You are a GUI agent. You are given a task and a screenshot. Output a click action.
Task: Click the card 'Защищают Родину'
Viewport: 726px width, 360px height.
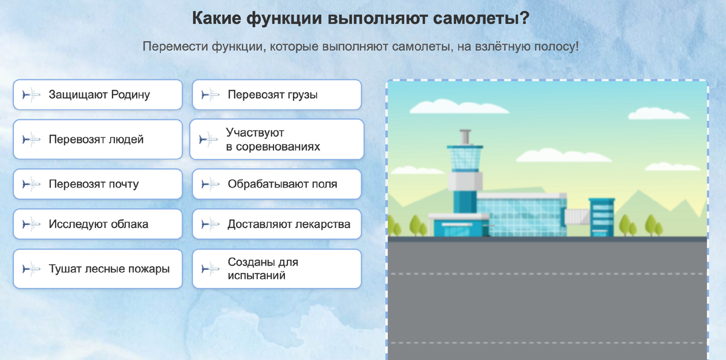click(97, 95)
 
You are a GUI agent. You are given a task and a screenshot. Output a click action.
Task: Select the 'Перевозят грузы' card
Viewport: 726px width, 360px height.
click(276, 95)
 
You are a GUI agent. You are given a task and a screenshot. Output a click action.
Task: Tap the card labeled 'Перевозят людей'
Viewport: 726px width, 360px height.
click(97, 140)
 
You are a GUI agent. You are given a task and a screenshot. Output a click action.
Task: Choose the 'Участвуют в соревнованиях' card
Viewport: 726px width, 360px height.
click(276, 140)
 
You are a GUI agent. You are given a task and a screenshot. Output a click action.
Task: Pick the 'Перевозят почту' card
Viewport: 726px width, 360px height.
click(97, 184)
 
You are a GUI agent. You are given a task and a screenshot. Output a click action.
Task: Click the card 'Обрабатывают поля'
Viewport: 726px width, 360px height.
click(276, 184)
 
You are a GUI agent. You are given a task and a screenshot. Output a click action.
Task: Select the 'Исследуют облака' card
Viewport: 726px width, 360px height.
click(97, 224)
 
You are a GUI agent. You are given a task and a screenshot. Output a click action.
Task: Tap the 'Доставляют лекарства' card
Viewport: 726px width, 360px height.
click(276, 224)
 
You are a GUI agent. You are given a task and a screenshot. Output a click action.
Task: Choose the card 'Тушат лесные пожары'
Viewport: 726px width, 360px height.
click(97, 269)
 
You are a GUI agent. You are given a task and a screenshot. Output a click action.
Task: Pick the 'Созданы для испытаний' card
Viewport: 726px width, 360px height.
click(276, 269)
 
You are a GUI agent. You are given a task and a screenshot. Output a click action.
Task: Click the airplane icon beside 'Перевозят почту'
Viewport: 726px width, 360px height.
click(30, 184)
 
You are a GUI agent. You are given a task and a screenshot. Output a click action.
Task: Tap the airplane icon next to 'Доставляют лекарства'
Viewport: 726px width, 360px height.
click(209, 224)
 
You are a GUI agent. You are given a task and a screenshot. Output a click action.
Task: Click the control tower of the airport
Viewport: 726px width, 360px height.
click(464, 175)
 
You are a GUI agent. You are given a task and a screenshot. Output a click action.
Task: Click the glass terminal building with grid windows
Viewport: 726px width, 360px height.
click(520, 215)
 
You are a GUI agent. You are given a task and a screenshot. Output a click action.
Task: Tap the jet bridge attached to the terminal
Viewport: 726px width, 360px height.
click(578, 215)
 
